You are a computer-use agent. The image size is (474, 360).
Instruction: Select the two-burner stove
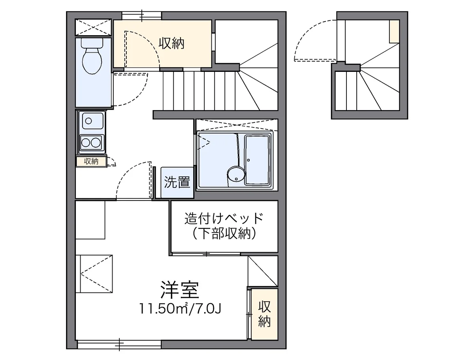[91, 142]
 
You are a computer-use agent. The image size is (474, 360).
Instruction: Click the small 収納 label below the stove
[91, 161]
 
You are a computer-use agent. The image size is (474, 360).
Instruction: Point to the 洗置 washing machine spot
[177, 182]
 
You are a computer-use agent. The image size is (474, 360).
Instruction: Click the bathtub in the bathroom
[258, 160]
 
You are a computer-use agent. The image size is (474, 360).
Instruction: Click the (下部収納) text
[224, 234]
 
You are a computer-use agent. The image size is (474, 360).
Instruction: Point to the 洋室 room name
[180, 290]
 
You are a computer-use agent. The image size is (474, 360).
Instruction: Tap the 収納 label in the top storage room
[172, 43]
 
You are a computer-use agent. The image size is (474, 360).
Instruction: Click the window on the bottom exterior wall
[119, 345]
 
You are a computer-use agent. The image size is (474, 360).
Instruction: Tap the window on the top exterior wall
[141, 15]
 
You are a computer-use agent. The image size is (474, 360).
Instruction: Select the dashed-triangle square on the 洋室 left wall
[94, 273]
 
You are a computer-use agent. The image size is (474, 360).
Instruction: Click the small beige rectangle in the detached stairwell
[394, 31]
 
